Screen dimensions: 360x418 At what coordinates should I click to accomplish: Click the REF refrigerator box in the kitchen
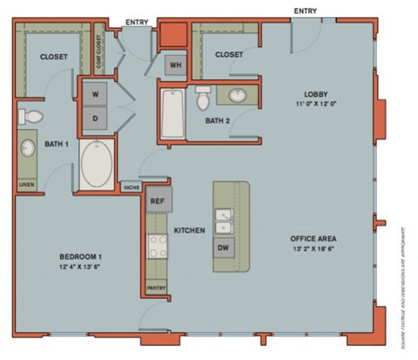coord(158,201)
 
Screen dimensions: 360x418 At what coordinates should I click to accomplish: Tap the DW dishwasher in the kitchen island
coord(223,248)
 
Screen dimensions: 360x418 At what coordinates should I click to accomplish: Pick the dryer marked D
coord(94,117)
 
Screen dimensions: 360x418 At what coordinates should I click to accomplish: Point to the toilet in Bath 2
coord(204,98)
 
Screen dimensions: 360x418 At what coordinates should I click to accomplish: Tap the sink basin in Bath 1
coord(28,149)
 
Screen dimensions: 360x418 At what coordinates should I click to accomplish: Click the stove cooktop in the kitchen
coord(157,246)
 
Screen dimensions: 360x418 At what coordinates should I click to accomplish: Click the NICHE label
coord(131,186)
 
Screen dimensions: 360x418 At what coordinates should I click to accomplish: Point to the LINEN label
coord(26,185)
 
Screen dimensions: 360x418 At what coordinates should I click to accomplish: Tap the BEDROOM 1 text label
coord(81,255)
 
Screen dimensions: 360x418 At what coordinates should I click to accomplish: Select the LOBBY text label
coord(314,94)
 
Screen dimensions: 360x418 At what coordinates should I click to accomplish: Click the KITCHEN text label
coord(189,231)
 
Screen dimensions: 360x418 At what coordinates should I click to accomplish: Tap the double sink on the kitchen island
coord(223,221)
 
